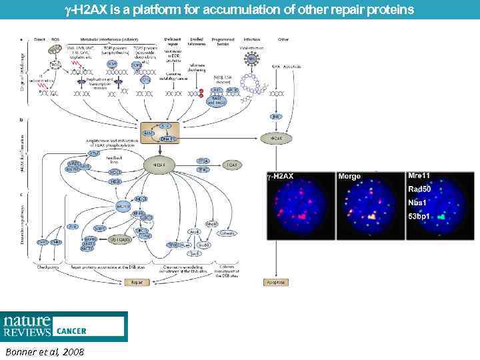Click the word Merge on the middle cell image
pyautogui.click(x=349, y=177)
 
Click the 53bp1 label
pyautogui.click(x=422, y=217)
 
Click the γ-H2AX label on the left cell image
pyautogui.click(x=279, y=177)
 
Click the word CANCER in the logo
pyautogui.click(x=71, y=331)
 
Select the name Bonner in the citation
pyautogui.click(x=20, y=351)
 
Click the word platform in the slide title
pyautogui.click(x=175, y=10)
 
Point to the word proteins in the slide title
pyautogui.click(x=393, y=10)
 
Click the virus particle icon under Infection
pyautogui.click(x=252, y=59)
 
